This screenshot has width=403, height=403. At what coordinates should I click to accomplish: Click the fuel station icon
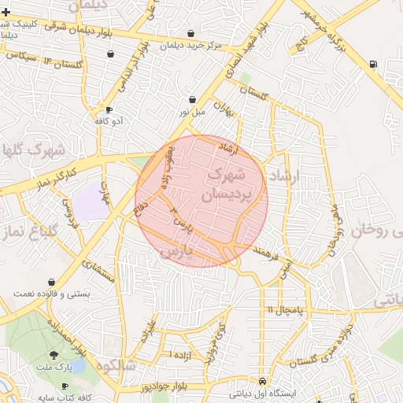click(372, 64)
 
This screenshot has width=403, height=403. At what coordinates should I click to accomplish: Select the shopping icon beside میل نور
click(193, 100)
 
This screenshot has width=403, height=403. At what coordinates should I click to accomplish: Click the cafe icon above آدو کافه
click(109, 109)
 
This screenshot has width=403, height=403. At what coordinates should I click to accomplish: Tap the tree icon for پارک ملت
click(54, 356)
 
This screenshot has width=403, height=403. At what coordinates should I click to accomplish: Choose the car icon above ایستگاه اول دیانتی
click(262, 379)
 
